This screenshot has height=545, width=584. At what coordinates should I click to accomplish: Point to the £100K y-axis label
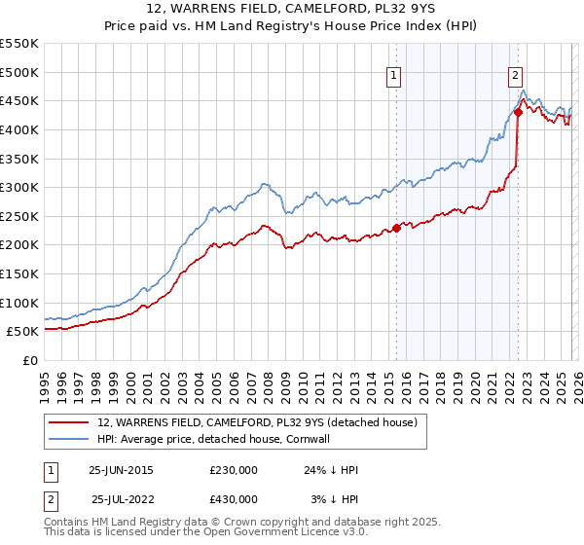pos(19,303)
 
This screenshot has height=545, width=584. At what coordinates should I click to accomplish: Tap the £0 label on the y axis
pos(29,360)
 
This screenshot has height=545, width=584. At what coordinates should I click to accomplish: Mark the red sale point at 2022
pos(518,112)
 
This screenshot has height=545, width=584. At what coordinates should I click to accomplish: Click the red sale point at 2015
pos(396,228)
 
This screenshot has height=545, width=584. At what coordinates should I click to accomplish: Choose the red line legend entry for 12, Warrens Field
pos(257,422)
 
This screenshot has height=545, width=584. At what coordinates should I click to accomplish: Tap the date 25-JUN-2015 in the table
pos(121,470)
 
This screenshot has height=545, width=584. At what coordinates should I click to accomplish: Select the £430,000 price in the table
pos(234,499)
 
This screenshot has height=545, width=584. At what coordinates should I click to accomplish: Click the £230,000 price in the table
pos(234,470)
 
